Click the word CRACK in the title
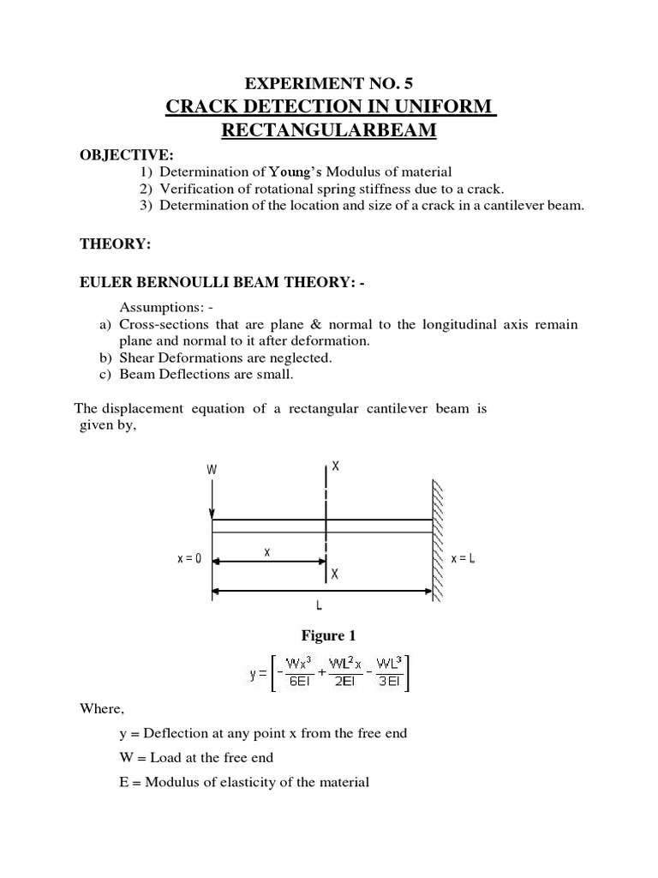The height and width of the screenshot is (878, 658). tap(200, 107)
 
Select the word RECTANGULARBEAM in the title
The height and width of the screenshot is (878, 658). tap(330, 131)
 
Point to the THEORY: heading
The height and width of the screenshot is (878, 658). tap(115, 244)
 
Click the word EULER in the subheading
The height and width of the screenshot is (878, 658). tap(106, 283)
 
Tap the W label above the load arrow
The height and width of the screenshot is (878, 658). tap(212, 469)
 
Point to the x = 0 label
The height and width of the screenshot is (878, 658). tap(189, 558)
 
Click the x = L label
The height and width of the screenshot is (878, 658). tap(463, 558)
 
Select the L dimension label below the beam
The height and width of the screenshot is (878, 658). tap(319, 605)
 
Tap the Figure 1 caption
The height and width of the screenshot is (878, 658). tap(327, 635)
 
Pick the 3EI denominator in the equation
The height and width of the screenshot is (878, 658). tap(389, 683)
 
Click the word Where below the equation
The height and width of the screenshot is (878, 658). tap(101, 708)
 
